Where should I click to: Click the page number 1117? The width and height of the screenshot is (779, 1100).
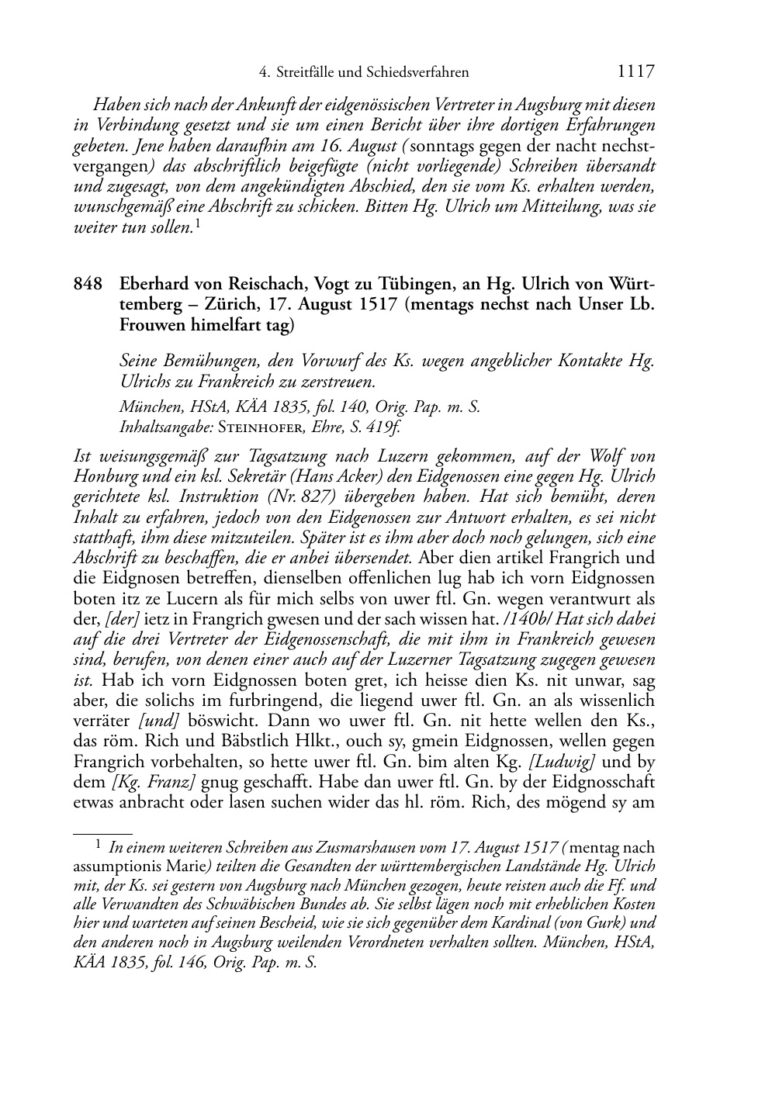coord(635,72)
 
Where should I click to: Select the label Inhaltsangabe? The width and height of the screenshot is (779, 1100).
coord(165,426)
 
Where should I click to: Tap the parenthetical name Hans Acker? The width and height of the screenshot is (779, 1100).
coord(338,476)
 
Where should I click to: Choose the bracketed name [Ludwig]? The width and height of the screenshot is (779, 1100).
coord(568,761)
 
